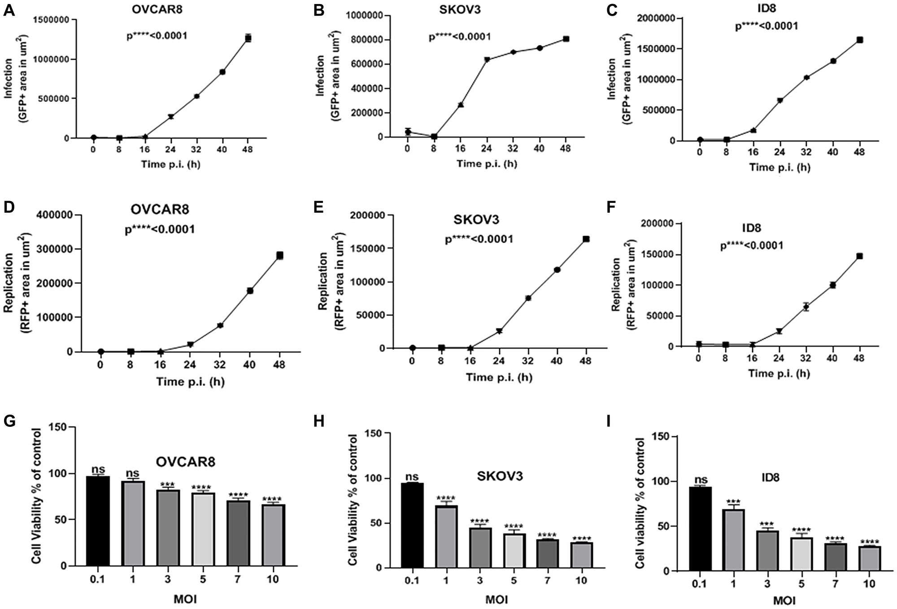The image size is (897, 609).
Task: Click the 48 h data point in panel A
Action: pyautogui.click(x=248, y=38)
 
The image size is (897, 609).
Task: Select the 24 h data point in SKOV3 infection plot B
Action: pyautogui.click(x=487, y=60)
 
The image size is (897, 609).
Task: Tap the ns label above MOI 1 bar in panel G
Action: pyautogui.click(x=132, y=473)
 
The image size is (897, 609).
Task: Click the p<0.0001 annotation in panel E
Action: pyautogui.click(x=479, y=239)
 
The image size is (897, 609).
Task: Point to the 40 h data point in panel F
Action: pyautogui.click(x=833, y=285)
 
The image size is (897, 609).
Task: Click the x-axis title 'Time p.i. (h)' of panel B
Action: pyautogui.click(x=487, y=164)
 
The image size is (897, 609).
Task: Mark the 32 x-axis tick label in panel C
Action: pyautogui.click(x=806, y=152)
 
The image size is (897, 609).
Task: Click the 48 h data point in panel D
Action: pyautogui.click(x=279, y=256)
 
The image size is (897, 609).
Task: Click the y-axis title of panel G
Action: pyautogui.click(x=37, y=497)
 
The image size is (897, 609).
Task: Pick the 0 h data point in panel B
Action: pyautogui.click(x=408, y=131)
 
